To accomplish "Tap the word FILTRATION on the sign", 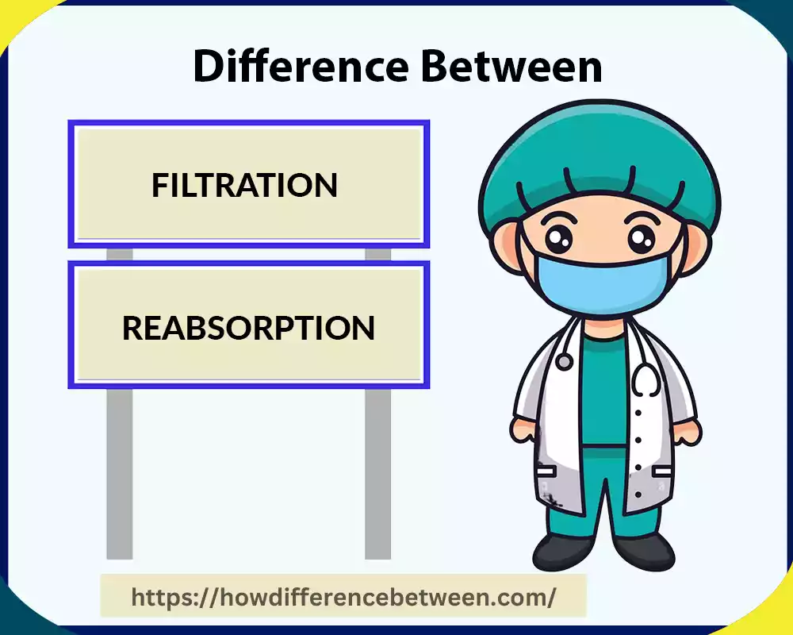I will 244,185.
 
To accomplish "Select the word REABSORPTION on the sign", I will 248,328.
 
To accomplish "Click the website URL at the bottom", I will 343,596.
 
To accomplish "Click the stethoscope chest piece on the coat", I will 564,362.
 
